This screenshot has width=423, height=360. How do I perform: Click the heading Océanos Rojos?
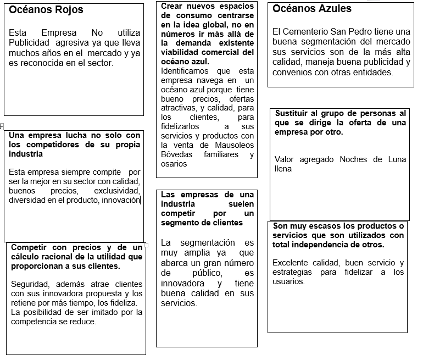pos(46,9)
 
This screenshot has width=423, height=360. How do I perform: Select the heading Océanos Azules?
pos(312,8)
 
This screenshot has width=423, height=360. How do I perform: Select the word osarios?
pos(174,164)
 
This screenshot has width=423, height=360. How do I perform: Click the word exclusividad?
pos(117,191)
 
